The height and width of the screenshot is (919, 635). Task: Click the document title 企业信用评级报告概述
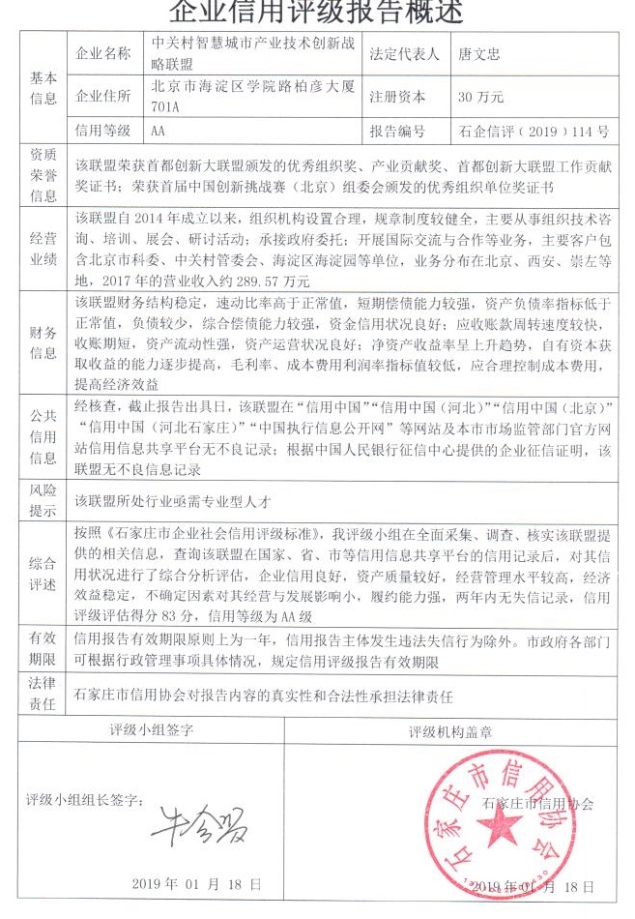pos(316,13)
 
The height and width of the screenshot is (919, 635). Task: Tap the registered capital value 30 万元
pos(480,97)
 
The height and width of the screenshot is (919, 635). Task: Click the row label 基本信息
pos(43,88)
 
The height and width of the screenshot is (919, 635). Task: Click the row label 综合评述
pos(43,571)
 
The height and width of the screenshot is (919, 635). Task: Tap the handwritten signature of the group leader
pos(199,821)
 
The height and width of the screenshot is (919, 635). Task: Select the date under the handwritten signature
pos(197,884)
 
